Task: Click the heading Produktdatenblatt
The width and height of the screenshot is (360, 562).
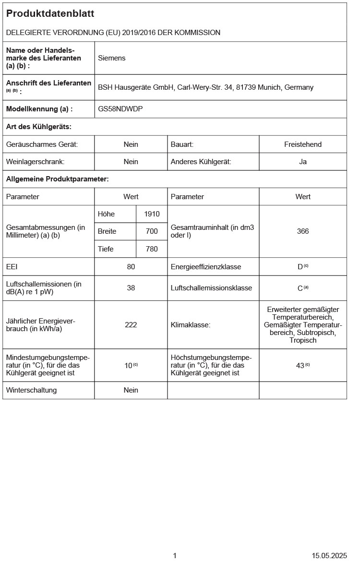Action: tap(50, 14)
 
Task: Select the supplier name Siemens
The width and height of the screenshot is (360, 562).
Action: tap(111, 58)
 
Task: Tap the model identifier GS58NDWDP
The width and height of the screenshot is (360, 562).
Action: tap(120, 109)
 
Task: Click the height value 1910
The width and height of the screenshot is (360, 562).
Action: tap(152, 214)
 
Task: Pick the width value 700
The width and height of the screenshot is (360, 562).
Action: tap(152, 231)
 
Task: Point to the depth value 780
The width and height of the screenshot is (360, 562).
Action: tap(152, 249)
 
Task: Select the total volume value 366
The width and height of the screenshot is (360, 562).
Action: tap(303, 231)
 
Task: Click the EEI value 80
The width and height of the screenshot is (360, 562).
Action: tap(131, 266)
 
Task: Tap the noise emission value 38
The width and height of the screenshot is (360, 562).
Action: tap(131, 288)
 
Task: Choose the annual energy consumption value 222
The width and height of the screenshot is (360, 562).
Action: tap(131, 325)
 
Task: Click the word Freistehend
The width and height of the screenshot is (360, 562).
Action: tap(303, 144)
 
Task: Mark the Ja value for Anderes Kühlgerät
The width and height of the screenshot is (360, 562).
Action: tap(303, 162)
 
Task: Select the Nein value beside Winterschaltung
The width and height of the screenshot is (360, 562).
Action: tap(131, 390)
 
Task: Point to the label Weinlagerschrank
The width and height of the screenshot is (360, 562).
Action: tap(36, 162)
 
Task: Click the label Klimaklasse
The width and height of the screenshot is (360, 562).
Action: tap(191, 325)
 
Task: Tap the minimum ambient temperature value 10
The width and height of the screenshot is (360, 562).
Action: tap(129, 365)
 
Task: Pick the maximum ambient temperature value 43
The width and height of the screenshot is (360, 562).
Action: tap(300, 365)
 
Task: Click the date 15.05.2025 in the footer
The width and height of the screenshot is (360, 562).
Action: tap(329, 555)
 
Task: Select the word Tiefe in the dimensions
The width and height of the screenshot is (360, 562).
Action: tap(106, 249)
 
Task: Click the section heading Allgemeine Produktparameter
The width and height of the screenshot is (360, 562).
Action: tap(58, 179)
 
